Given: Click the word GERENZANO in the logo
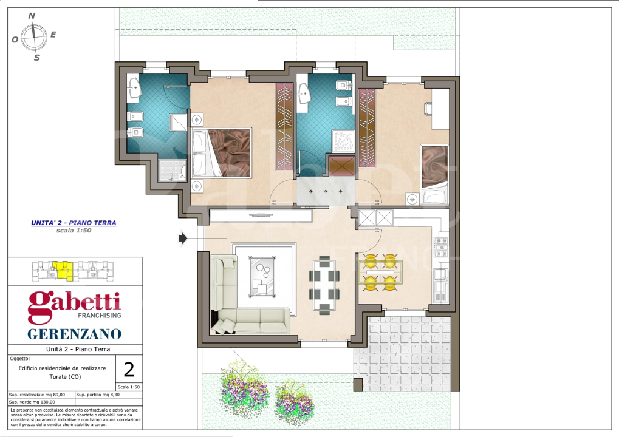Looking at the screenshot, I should click(x=75, y=334).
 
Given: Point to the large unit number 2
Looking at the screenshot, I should click(x=129, y=369).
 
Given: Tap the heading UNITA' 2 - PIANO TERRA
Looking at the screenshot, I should click(x=73, y=223).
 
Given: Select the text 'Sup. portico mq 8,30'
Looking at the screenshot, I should click(x=101, y=394).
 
